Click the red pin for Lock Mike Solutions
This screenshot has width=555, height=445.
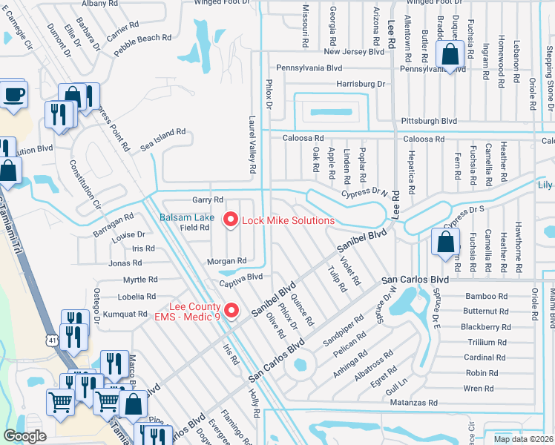[x=230, y=220]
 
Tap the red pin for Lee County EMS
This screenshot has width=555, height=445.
[x=231, y=311]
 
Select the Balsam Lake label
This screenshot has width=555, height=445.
[x=188, y=217]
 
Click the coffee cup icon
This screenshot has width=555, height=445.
[x=14, y=94]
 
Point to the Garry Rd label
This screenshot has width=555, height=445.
[x=208, y=200]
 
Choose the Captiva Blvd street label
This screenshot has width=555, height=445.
[x=241, y=277]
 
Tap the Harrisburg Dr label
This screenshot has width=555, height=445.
[x=361, y=84]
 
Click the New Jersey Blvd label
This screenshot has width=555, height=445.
[x=354, y=52]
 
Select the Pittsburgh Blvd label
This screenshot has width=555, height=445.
[x=429, y=120]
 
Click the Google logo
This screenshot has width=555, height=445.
[x=25, y=436]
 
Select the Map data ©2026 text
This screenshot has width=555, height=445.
[x=523, y=439]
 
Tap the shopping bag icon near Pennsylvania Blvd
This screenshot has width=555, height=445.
[x=450, y=54]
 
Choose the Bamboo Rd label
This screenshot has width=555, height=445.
[x=487, y=296]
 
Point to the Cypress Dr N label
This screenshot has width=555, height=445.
[x=365, y=193]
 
